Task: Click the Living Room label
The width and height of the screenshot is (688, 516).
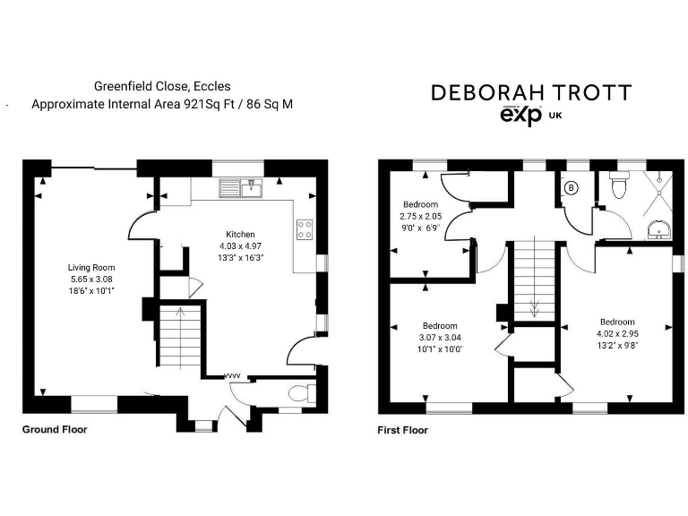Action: (x=91, y=267)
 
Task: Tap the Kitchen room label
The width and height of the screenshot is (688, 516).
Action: (x=241, y=234)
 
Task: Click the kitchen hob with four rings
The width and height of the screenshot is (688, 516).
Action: (x=305, y=229)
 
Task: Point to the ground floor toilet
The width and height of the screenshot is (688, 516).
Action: (x=304, y=393)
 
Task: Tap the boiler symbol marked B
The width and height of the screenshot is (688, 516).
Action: (x=572, y=188)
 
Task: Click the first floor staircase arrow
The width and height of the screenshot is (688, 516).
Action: (x=534, y=308)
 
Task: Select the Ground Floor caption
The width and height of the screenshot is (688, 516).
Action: (x=55, y=429)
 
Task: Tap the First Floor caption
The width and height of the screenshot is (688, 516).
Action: (x=403, y=430)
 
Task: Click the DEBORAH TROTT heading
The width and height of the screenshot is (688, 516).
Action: (x=531, y=92)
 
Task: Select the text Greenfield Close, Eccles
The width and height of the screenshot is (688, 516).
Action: (x=162, y=87)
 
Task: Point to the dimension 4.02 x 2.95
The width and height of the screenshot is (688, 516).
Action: (x=618, y=333)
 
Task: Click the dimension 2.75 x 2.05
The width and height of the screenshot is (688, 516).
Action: (x=420, y=216)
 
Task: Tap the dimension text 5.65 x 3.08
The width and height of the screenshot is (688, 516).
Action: (x=91, y=279)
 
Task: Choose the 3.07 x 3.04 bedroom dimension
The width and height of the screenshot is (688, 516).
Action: (x=441, y=337)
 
